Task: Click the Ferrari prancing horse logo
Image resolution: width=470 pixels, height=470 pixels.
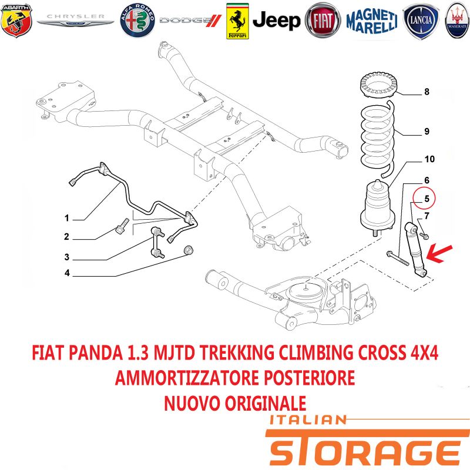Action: [x=237, y=21]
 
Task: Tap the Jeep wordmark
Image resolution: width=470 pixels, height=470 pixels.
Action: [x=276, y=21]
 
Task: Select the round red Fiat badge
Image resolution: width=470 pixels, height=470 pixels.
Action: [x=323, y=21]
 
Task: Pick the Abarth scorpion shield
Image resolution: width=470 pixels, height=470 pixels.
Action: [x=16, y=21]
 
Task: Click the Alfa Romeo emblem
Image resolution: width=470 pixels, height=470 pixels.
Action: [x=137, y=21]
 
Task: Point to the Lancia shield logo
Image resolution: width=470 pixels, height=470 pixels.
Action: [x=421, y=21]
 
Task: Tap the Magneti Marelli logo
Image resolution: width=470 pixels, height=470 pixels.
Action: [x=372, y=21]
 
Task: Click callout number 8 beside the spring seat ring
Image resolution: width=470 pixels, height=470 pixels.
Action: [x=427, y=92]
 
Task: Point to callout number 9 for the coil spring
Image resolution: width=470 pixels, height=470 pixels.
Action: [x=427, y=131]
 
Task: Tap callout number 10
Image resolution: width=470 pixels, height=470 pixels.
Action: [x=429, y=159]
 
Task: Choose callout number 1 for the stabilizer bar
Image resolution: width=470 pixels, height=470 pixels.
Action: [x=66, y=218]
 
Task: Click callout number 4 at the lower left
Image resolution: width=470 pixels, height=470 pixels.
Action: [x=67, y=273]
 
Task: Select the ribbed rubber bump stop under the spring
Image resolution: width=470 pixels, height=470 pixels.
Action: [x=377, y=207]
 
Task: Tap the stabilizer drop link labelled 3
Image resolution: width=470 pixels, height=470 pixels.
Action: [x=157, y=242]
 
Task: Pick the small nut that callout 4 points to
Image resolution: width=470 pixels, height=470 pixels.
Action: [x=188, y=250]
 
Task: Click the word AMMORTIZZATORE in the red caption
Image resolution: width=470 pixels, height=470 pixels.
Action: [x=186, y=377]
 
